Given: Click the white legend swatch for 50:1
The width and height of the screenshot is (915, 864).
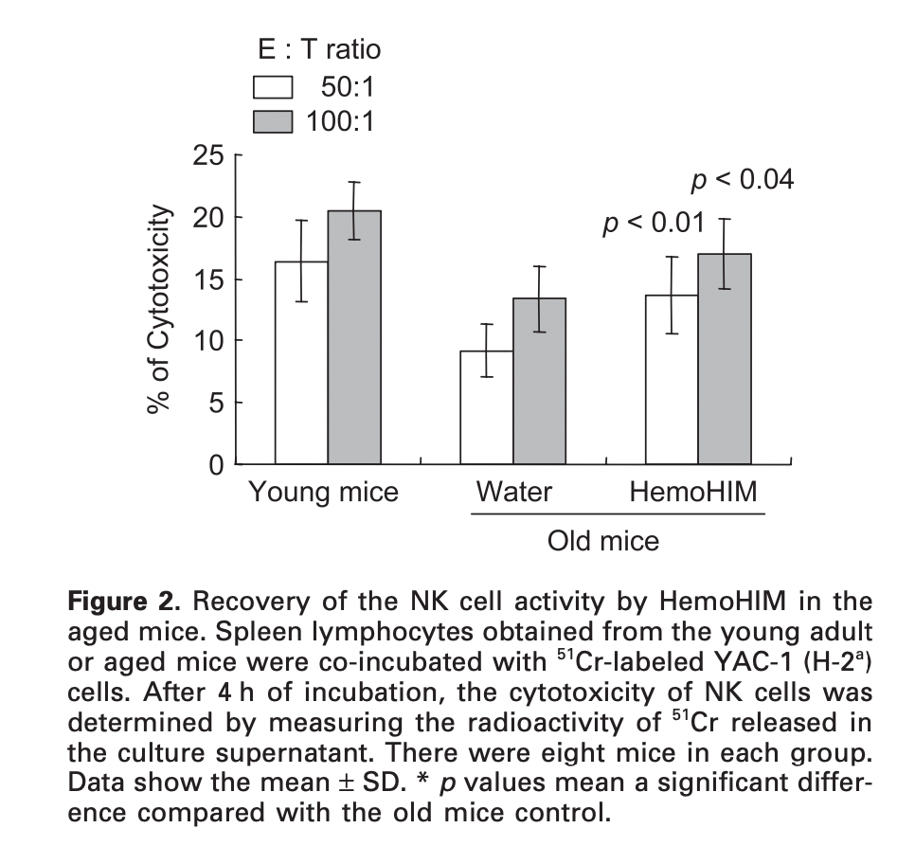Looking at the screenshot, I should (275, 88).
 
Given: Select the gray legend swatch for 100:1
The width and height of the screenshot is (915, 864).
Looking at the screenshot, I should (275, 122).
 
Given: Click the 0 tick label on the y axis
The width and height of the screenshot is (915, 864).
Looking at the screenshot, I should (217, 465).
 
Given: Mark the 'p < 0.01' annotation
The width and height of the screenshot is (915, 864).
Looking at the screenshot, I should (654, 224).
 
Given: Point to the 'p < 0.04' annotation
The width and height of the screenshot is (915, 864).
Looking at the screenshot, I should (742, 179).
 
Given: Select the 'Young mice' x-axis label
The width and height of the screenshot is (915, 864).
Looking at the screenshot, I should (323, 493).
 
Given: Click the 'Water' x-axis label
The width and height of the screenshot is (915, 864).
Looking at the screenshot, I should (513, 493).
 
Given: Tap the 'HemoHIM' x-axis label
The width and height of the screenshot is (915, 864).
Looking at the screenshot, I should (694, 493).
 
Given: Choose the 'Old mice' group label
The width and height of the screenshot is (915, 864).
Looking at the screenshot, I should (602, 541).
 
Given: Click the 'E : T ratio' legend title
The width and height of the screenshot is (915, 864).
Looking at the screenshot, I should (319, 48).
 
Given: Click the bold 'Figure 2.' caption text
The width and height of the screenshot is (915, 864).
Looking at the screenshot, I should (133, 603).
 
